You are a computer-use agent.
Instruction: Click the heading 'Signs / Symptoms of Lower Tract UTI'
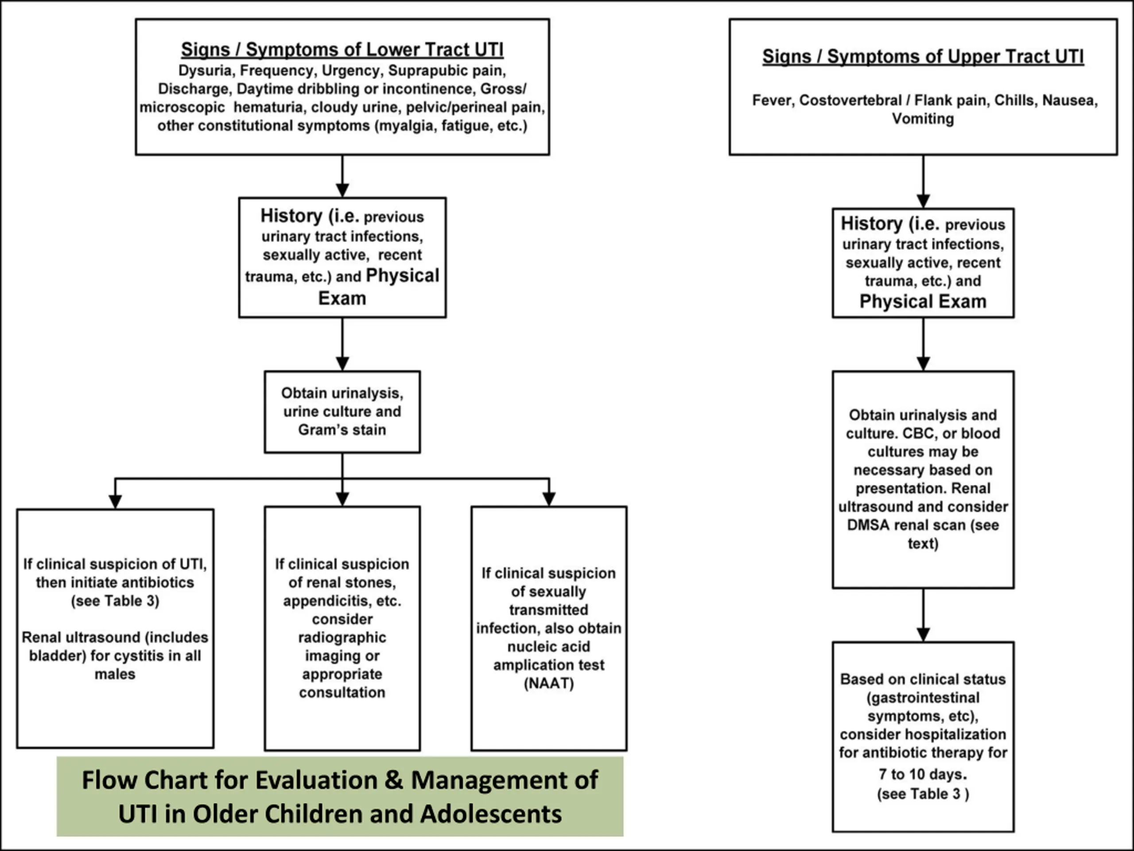coord(342,50)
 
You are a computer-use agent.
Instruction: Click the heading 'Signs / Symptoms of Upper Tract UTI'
coord(923,56)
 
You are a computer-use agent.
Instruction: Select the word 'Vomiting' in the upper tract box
coord(923,118)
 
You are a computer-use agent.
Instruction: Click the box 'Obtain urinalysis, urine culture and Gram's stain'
coord(342,412)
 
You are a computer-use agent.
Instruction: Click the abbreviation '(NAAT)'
coord(548,683)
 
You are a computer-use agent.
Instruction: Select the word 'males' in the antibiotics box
coord(115,674)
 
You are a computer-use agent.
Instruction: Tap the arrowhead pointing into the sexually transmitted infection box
coord(549,499)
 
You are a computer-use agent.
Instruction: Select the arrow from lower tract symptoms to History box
coord(342,176)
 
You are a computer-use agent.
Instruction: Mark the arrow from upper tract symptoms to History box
coord(923,182)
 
